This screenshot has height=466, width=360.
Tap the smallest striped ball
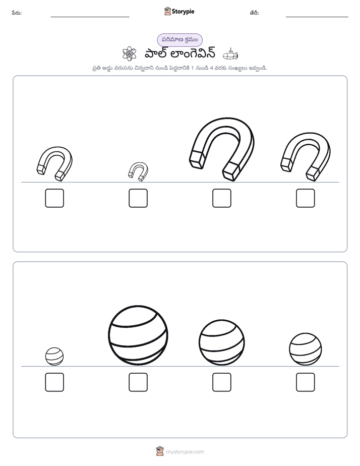[54, 357]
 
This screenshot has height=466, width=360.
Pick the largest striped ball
[138, 335]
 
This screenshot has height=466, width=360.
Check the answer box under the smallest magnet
[138, 198]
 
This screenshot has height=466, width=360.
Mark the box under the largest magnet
[221, 198]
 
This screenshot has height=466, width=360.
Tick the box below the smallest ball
[54, 382]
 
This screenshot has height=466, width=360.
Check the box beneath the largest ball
[138, 382]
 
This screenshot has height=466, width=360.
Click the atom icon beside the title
[130, 54]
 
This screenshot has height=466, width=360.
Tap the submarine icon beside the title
[230, 54]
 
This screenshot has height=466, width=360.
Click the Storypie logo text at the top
[183, 12]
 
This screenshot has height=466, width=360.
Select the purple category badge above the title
[179, 40]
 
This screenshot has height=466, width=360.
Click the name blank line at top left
[90, 17]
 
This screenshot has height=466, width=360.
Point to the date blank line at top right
[317, 17]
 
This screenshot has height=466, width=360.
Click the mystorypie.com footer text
[185, 452]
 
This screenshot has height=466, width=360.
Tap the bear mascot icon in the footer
[160, 451]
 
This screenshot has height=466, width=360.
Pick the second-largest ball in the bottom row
[221, 342]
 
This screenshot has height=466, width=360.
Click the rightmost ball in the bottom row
[306, 349]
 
